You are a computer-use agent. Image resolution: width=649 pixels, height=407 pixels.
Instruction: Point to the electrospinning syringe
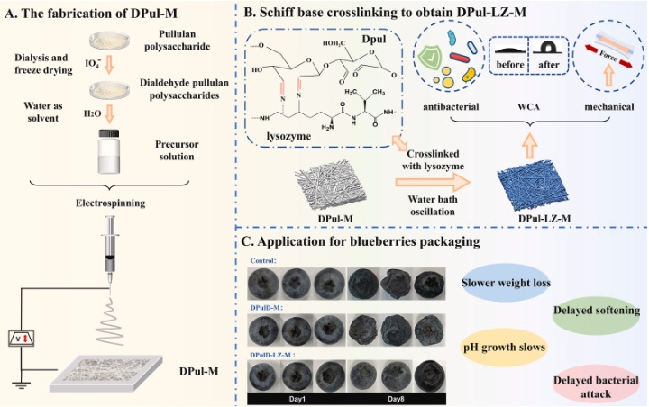[110, 248]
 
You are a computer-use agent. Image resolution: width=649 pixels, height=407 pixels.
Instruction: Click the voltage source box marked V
[23, 340]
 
